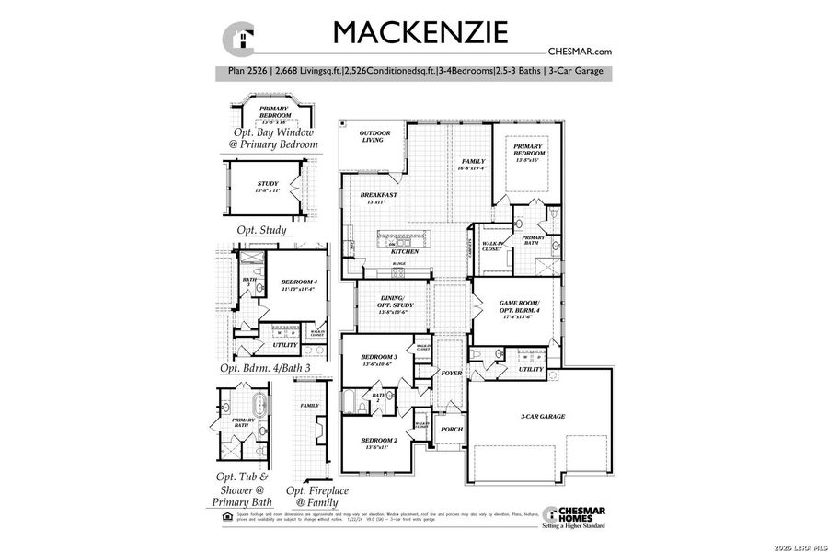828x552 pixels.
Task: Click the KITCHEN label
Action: (x=405, y=251)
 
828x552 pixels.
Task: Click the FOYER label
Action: (x=451, y=374)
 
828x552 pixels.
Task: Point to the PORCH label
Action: (x=451, y=430)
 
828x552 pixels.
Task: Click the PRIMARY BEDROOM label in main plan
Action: (x=527, y=149)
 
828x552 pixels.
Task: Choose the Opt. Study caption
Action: (x=261, y=230)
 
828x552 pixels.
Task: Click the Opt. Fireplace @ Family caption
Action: (x=317, y=497)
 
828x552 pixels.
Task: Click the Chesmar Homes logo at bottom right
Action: (x=574, y=516)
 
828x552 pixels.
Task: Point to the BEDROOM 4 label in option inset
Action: (x=299, y=284)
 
